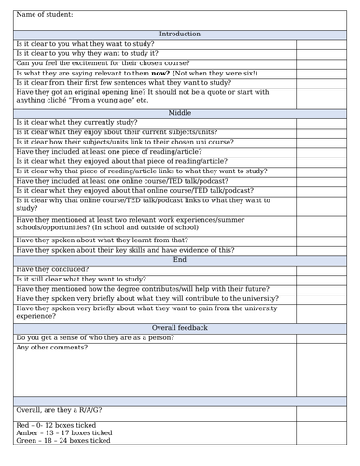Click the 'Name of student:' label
(45, 15)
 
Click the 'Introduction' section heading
(179, 34)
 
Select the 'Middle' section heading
(179, 112)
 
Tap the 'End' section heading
(179, 259)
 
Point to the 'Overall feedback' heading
(179, 327)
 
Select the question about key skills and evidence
(125, 250)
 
